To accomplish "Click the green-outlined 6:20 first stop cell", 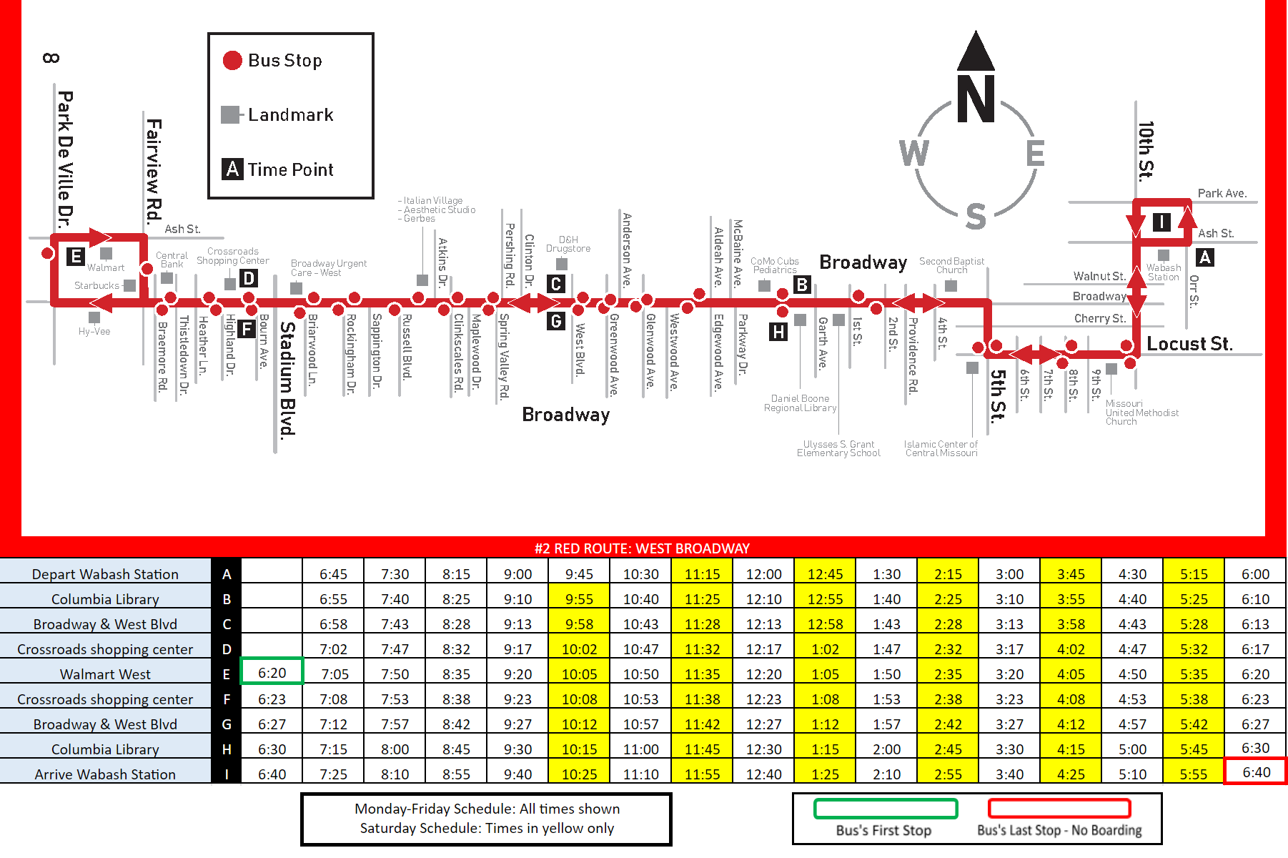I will pos(272,673).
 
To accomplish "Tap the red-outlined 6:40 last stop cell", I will pos(1256,772).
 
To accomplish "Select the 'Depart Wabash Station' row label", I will pos(105,574).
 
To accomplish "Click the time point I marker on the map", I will pos(1161,222).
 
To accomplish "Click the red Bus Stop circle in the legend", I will pos(232,61).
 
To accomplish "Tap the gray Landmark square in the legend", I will pos(230,114).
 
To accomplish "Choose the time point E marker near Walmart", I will pos(75,256).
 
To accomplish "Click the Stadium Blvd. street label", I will pos(287,379).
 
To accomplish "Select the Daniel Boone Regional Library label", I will pos(800,403).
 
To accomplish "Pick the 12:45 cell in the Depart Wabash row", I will pos(825,574).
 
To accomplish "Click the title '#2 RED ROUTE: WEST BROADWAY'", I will pos(642,548).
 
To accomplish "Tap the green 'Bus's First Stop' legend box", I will pos(885,809).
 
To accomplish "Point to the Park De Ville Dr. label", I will pos(65,159).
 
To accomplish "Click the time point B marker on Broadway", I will pos(802,285).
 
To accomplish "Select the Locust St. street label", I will pos(1189,344).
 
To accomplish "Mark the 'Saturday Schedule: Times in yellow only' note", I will pos(487,828).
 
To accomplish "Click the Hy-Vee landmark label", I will pos(94,331).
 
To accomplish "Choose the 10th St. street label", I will pos(1146,150).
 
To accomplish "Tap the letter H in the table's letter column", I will pos(227,749).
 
